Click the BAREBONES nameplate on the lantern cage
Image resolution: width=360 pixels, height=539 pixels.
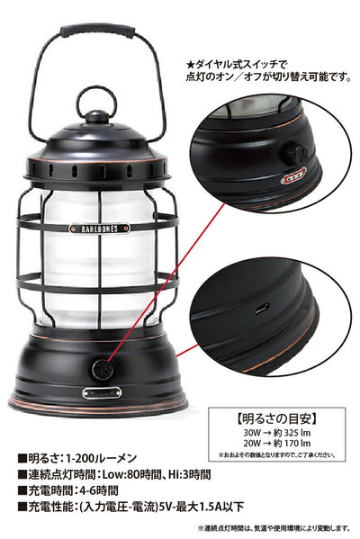99,229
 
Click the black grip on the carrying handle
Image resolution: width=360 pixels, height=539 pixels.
98,31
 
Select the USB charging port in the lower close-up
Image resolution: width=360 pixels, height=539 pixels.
262,308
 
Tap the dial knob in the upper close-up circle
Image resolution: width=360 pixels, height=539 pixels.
294,152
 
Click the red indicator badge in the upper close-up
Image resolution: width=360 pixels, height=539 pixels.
293,175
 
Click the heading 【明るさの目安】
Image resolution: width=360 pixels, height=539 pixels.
277,418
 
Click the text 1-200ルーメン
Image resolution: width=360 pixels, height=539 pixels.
101,458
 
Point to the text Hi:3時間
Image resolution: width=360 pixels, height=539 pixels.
190,474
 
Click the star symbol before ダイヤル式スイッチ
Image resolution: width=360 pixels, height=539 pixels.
190,65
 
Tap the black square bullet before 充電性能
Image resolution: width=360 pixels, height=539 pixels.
22,507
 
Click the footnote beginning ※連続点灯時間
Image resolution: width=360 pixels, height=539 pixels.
274,528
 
